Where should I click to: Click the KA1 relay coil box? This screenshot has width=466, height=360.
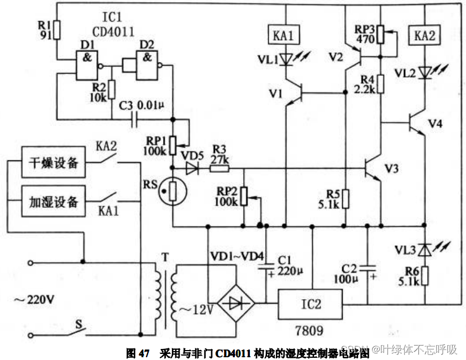pos(284,36)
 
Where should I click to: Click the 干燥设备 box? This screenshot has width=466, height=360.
pos(54,164)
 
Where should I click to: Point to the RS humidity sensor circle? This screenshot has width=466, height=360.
pos(171,191)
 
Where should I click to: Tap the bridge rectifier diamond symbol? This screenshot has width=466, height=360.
pos(235,303)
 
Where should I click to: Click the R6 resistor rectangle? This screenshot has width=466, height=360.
pos(425,275)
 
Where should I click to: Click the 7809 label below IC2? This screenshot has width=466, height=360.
pos(308,331)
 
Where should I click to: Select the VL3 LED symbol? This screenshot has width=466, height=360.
pos(425,250)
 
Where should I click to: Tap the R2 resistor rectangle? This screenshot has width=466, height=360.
pos(112,88)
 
